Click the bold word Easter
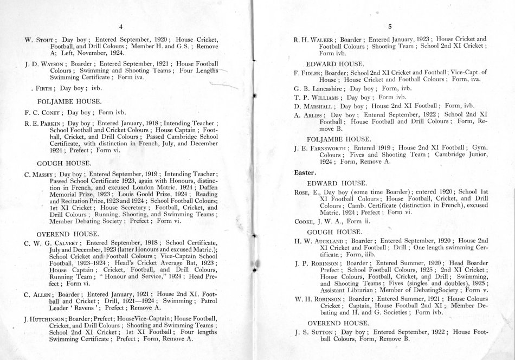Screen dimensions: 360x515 pos(297,172)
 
